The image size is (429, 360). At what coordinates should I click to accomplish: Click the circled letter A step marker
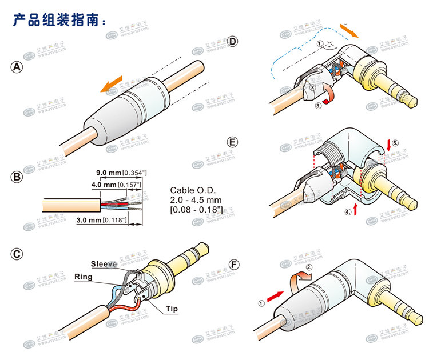pyautogui.click(x=18, y=67)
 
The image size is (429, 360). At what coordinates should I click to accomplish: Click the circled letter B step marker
pyautogui.click(x=18, y=177)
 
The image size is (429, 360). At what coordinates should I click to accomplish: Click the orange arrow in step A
pyautogui.click(x=112, y=83)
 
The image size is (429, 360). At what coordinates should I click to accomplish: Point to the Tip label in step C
pyautogui.click(x=172, y=309)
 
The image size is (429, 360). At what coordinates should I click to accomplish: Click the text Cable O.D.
pyautogui.click(x=194, y=191)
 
